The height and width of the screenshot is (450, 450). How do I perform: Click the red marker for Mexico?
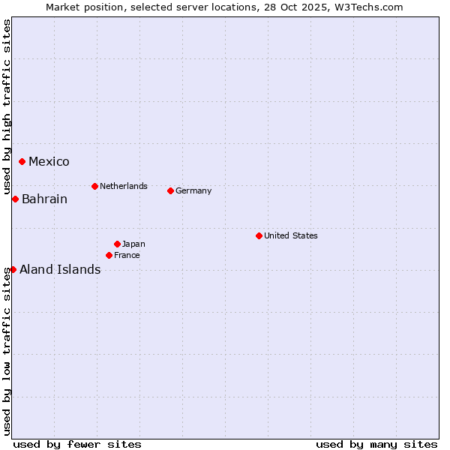22,161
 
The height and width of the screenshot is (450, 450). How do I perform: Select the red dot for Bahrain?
15,199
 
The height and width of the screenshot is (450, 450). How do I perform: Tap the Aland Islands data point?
13,269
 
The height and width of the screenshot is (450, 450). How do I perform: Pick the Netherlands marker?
94,186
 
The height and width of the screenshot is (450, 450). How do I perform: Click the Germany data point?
170,190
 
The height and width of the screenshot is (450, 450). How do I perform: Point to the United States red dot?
259,235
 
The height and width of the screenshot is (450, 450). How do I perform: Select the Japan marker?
117,244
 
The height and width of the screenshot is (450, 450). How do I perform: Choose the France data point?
109,255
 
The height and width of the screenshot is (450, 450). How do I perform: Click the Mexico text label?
49,162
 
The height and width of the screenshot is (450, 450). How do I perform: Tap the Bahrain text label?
44,199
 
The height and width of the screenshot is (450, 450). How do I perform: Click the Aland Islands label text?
60,270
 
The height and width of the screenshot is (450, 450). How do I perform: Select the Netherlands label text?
123,186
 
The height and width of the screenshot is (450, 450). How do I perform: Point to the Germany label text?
193,190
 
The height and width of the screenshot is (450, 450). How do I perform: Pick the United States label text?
290,235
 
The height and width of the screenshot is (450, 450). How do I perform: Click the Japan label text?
133,244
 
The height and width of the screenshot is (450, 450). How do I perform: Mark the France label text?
127,255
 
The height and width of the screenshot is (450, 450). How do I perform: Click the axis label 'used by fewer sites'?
77,444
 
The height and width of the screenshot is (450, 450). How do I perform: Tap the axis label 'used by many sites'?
376,444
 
